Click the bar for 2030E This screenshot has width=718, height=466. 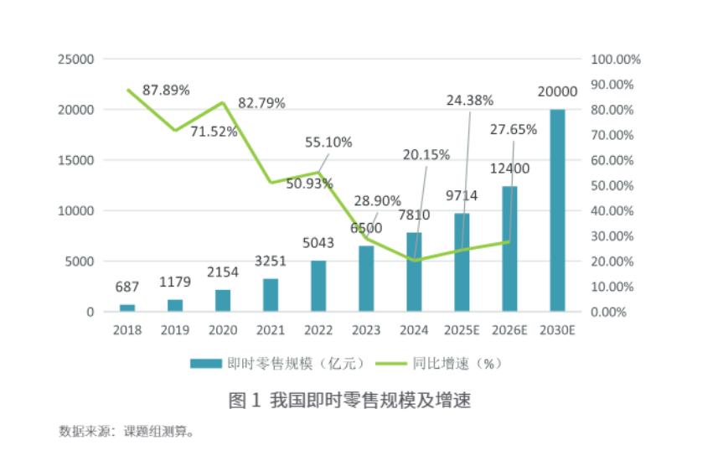pos(557,210)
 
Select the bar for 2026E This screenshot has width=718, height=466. pos(509,249)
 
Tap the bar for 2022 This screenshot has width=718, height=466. pos(318,286)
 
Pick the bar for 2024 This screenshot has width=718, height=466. pos(414,272)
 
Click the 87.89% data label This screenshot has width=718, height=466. pos(166,89)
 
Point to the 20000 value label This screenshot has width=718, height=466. pos(557,92)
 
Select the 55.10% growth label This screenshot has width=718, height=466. pos(328,142)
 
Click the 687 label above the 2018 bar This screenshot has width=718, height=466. pos(127,287)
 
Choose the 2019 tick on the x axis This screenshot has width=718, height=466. pos(175,329)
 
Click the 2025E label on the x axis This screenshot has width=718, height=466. pos(462,329)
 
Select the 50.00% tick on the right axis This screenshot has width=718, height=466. pos(616,185)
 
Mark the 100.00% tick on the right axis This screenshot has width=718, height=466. pos(616,60)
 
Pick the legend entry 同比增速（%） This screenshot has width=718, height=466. pos(445,363)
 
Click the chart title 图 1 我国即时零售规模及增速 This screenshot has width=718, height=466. pos(350,401)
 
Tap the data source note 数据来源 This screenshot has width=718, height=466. pos(127,432)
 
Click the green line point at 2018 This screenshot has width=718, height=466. pos(127,90)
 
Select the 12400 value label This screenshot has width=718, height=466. pos(509,169)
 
